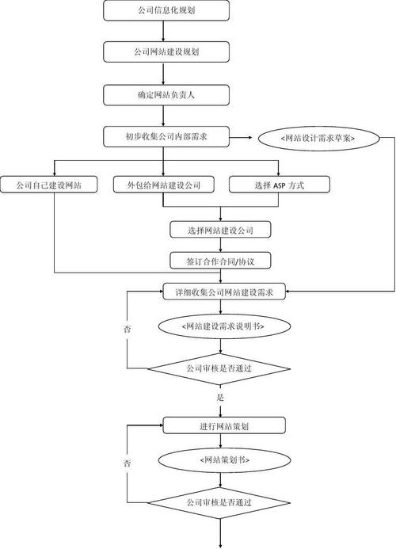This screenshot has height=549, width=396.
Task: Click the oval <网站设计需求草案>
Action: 317,138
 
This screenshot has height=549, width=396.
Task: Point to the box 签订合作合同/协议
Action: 221,261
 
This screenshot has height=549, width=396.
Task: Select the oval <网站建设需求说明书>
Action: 221,326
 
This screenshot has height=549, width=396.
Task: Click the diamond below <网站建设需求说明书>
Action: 221,368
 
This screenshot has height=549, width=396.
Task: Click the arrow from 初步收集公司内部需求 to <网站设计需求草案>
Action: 244,138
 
